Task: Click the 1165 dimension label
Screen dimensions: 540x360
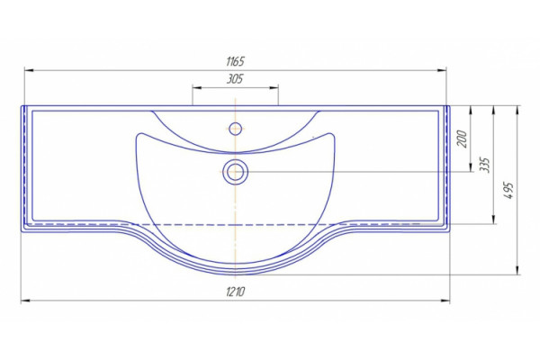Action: (235, 62)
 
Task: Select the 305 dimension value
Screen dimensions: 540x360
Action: (235, 79)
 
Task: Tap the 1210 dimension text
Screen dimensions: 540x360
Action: (236, 292)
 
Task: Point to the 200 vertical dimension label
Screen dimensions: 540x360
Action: (463, 139)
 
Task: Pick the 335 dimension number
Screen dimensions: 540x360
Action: (484, 165)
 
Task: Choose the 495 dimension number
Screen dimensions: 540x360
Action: (508, 190)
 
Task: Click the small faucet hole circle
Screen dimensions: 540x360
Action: (235, 129)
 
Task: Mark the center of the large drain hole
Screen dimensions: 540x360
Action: (235, 172)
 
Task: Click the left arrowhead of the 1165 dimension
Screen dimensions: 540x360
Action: (29, 70)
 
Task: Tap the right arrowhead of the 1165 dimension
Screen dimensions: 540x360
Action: (442, 70)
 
